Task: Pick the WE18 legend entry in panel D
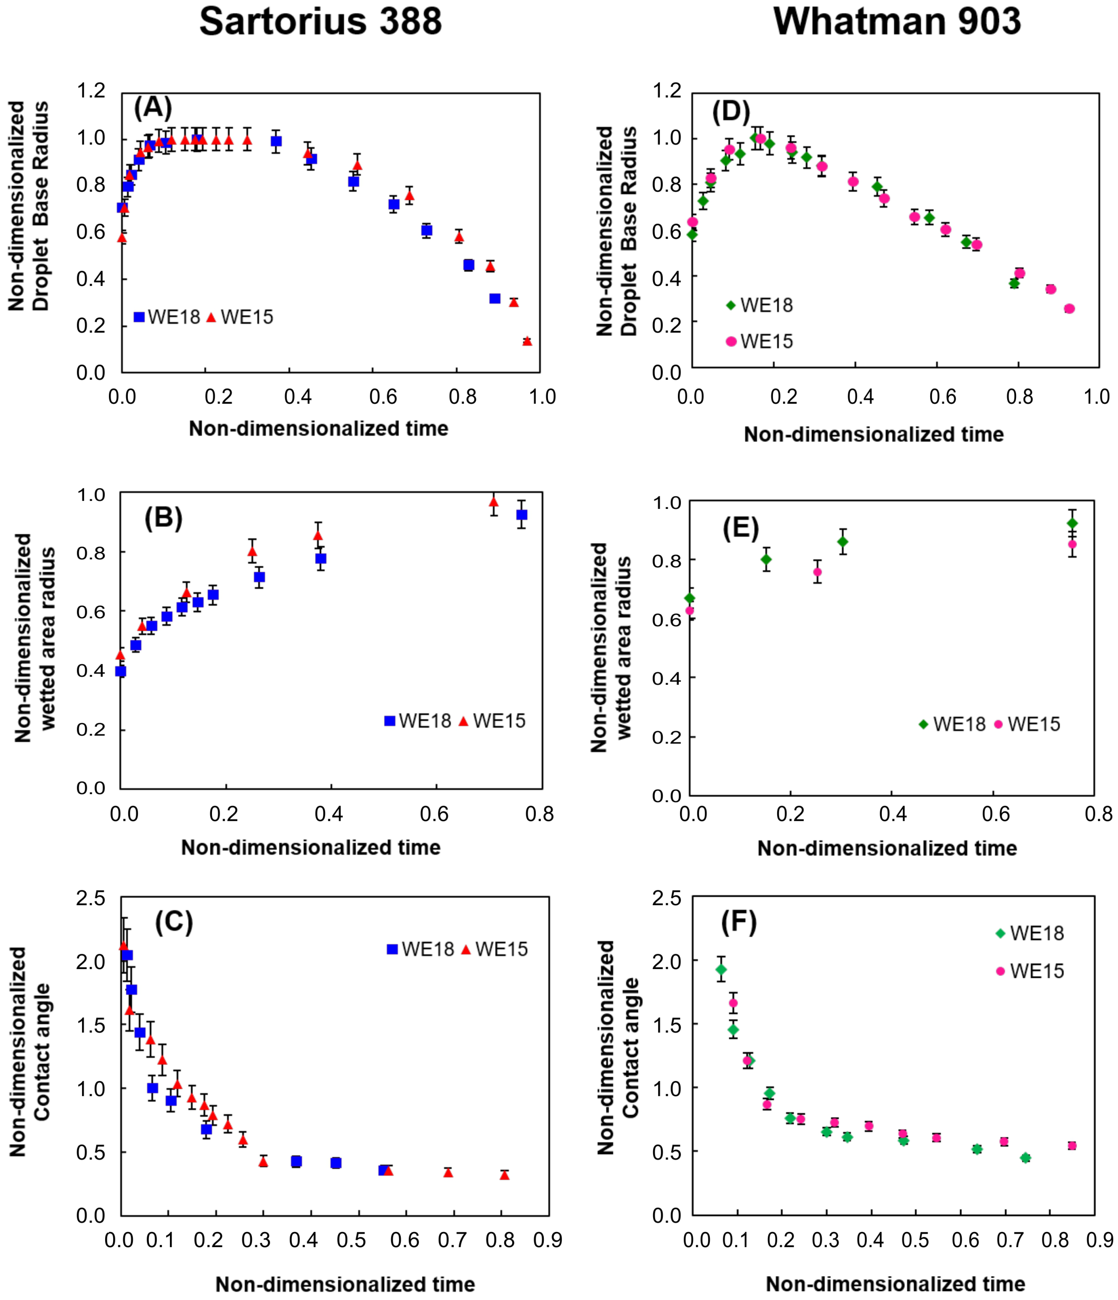click(x=759, y=306)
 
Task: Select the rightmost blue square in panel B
click(x=521, y=515)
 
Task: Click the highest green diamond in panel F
click(x=721, y=969)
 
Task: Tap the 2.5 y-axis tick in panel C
click(x=91, y=898)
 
